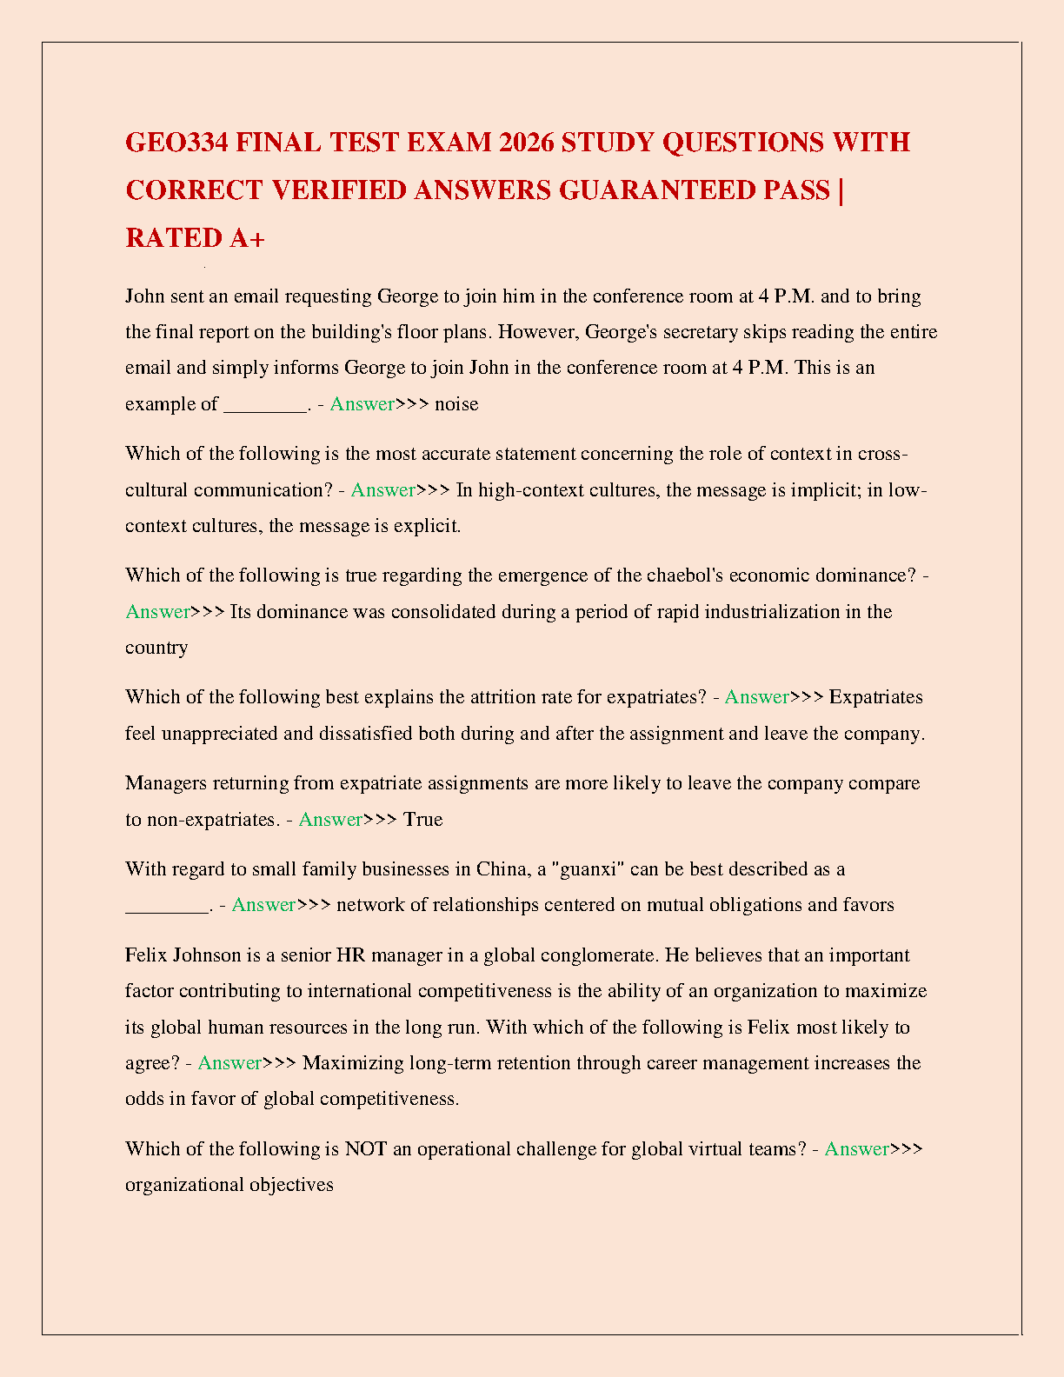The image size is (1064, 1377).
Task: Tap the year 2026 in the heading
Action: pos(526,142)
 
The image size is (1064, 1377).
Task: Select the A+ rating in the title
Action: pos(247,237)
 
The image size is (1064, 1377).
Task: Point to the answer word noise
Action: pos(456,403)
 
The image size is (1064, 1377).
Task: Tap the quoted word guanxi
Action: pos(591,868)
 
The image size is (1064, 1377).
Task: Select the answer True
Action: pos(422,819)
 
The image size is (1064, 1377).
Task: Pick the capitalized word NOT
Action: pos(365,1148)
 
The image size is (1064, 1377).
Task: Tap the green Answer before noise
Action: pos(362,403)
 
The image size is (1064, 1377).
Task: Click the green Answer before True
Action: pos(330,819)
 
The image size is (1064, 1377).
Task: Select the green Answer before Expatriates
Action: pos(756,696)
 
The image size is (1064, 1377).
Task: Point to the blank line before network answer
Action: pos(167,906)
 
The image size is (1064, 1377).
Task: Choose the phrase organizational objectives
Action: pos(229,1184)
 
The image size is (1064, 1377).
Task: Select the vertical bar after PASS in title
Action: pos(841,190)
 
